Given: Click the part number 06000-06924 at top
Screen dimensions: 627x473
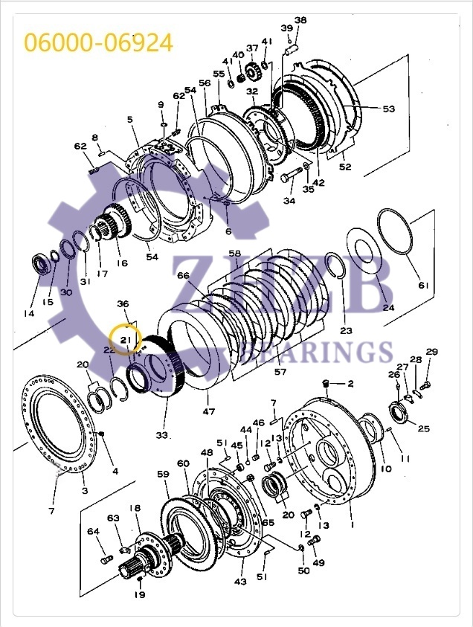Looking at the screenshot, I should pos(99,42).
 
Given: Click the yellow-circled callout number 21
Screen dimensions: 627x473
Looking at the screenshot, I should pos(124,340).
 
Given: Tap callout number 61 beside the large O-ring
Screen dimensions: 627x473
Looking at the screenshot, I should pos(423,286).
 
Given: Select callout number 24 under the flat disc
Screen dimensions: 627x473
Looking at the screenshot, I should pos(388,307).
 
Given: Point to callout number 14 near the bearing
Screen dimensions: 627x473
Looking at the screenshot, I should pos(29,313).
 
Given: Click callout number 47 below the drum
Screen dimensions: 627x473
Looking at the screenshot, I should pos(209,410).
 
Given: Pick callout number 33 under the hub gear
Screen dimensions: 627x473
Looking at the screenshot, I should pos(162,434).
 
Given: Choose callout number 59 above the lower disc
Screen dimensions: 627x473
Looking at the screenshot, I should pos(163,474).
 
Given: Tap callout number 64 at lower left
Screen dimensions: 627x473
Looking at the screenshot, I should pos(93,531).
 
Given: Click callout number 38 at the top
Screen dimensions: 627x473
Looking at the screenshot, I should pos(300,20).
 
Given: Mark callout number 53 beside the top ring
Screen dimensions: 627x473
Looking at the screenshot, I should pos(389,109).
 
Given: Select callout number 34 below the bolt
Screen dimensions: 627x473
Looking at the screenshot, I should pos(289,200).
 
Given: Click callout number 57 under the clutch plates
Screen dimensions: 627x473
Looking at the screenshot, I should pos(280,371).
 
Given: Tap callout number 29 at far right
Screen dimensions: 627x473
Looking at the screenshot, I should pos(431,352).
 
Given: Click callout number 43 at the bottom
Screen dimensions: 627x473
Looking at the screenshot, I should pos(240,581).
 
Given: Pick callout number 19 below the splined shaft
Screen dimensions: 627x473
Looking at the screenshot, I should pos(139,594).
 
